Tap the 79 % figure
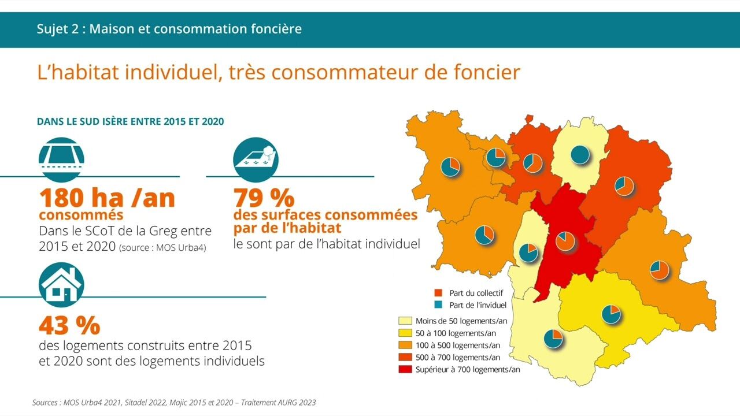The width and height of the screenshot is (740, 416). [264, 198]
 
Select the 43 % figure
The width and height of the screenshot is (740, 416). [69, 326]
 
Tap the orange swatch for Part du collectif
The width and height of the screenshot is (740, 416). [438, 293]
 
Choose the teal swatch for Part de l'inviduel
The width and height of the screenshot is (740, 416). [438, 304]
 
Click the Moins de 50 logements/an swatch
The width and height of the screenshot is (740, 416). [405, 321]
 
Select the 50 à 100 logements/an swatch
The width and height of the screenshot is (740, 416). [405, 333]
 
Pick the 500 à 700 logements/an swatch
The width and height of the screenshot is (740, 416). [405, 357]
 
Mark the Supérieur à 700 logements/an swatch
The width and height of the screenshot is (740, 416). [405, 369]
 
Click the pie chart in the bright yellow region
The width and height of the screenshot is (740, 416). [610, 314]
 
